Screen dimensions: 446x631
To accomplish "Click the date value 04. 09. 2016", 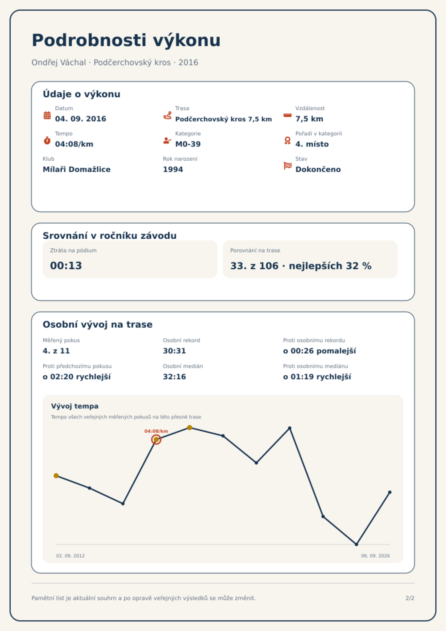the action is (x=81, y=119).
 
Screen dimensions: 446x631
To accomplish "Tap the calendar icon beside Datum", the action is (x=47, y=115).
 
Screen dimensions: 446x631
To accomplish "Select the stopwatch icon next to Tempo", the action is (x=47, y=140).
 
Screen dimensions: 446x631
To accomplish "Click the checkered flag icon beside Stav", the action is (x=288, y=166).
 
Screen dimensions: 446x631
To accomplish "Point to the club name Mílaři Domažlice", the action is (x=77, y=169).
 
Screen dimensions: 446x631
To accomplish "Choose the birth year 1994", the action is (x=173, y=169).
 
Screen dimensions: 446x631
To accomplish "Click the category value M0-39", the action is (x=188, y=144).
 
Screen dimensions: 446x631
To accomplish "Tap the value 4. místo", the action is (x=312, y=144).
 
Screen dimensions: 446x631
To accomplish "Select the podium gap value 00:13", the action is (x=66, y=265).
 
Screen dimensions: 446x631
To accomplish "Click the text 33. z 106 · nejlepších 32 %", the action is (x=301, y=266).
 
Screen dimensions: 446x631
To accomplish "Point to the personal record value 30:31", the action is (x=174, y=351).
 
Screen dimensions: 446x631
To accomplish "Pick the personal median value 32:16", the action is (x=174, y=377).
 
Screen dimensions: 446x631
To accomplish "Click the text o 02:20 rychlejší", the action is (x=77, y=377).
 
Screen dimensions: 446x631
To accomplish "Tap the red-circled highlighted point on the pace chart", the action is (x=156, y=439).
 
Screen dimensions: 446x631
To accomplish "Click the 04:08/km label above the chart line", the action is (x=156, y=431).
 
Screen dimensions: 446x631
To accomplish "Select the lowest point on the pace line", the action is (x=356, y=544).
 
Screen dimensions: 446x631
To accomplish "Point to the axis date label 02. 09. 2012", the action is (x=70, y=556).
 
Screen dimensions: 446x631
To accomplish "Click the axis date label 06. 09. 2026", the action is (x=376, y=556).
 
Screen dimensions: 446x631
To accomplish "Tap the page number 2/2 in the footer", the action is (x=410, y=598).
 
